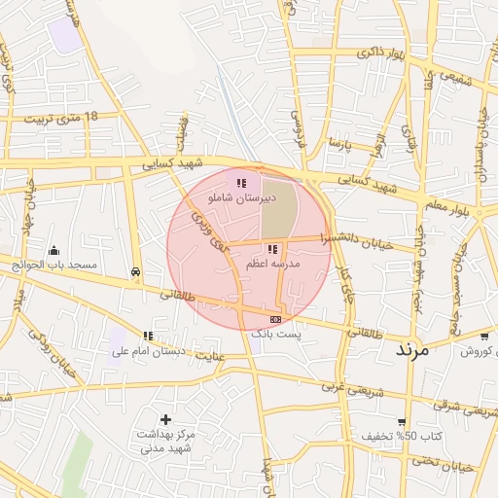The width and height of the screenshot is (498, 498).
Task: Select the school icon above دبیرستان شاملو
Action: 241,182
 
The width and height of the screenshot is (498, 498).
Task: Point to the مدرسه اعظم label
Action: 272,264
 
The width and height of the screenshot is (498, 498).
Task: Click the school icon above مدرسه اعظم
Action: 271,249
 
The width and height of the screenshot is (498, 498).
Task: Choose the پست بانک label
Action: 277,334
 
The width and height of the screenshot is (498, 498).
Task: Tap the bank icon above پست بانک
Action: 276,319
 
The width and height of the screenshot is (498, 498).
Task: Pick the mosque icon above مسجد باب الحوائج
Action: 53,250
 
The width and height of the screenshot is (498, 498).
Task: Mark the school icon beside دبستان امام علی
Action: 148,336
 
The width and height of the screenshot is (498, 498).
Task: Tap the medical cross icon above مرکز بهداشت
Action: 165,420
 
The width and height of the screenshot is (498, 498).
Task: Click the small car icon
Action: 135,272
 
